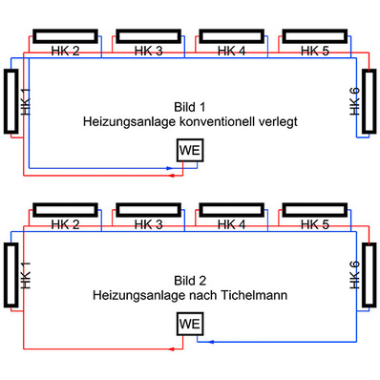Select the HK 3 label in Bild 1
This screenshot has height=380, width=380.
(x=149, y=50)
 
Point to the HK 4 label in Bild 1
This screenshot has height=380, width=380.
(x=231, y=50)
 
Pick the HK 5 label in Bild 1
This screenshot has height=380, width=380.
(x=314, y=50)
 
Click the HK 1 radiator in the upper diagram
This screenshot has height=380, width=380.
(x=11, y=101)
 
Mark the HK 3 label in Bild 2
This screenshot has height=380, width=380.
(x=149, y=224)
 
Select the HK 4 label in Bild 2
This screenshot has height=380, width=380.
(x=231, y=224)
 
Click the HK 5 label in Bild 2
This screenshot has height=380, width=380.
(x=314, y=224)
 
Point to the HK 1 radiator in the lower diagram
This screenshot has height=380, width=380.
(x=11, y=276)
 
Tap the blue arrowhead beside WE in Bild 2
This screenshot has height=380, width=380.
(x=211, y=340)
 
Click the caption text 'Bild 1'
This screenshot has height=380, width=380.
(x=190, y=106)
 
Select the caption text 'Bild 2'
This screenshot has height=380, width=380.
(x=190, y=281)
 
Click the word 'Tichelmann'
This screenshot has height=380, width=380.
(x=256, y=296)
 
